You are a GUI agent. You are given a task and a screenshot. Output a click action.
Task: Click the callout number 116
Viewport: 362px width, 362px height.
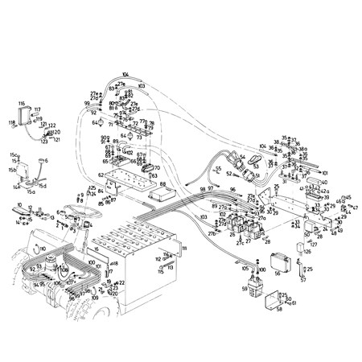click(23, 104)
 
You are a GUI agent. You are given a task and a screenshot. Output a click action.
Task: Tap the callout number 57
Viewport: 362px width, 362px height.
click(303, 282)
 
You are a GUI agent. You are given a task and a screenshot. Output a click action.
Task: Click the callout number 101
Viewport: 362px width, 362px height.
click(324, 172)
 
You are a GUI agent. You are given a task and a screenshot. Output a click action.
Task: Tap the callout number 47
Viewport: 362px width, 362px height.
click(355, 208)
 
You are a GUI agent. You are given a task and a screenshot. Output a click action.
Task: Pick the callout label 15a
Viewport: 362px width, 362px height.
click(31, 192)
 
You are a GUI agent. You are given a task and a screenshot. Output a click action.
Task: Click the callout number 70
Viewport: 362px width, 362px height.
click(157, 168)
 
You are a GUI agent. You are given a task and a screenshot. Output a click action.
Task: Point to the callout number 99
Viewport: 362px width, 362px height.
click(87, 104)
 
